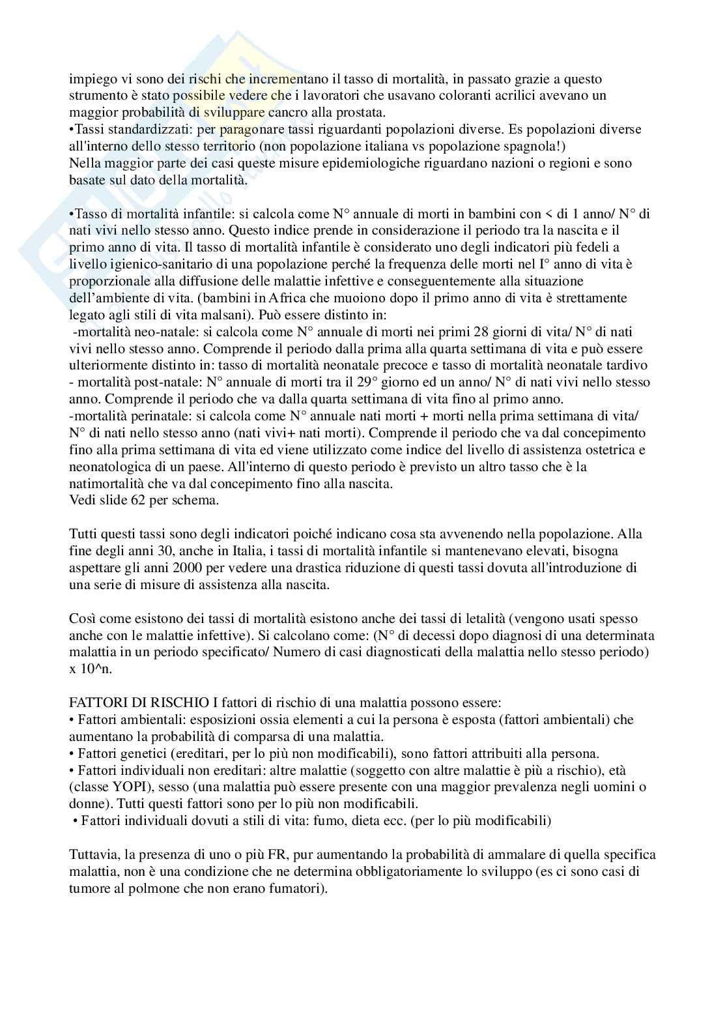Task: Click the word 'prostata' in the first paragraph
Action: click(x=362, y=112)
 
